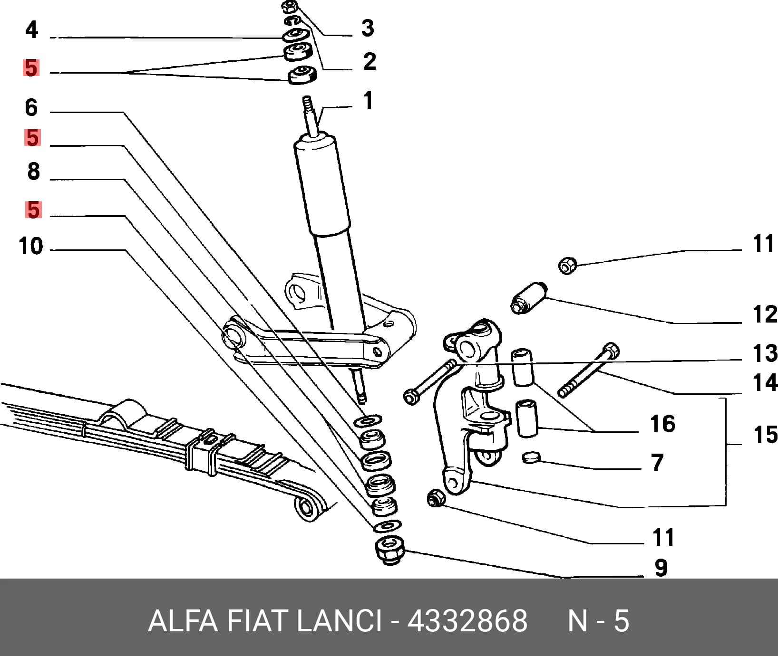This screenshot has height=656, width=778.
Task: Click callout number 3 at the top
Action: pyautogui.click(x=368, y=28)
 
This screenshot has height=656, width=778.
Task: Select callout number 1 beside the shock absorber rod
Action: pyautogui.click(x=368, y=101)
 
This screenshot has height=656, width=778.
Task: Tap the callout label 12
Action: pyautogui.click(x=765, y=314)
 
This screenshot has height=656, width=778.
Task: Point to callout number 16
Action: pyautogui.click(x=662, y=424)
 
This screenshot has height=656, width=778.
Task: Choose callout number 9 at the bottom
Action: pyautogui.click(x=661, y=568)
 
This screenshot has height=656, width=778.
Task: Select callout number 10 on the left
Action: pyautogui.click(x=31, y=247)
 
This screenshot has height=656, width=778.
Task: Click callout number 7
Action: pyautogui.click(x=657, y=462)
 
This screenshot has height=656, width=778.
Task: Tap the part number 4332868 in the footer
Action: pyautogui.click(x=467, y=621)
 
